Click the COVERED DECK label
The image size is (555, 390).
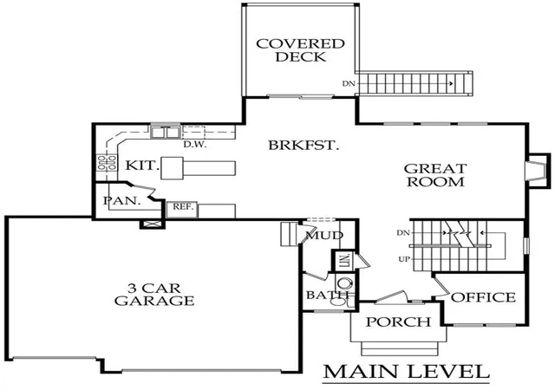300,50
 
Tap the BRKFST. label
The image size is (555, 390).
304,145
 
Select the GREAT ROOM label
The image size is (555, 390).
435,175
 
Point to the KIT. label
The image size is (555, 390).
141,166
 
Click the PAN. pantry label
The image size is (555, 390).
122,201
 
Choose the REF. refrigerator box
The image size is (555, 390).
182,210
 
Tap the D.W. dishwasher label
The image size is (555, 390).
194,145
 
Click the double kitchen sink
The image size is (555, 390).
166,133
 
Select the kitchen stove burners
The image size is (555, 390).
107,162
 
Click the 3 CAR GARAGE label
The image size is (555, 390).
154,295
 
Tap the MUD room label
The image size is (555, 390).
324,236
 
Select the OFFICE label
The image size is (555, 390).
483,297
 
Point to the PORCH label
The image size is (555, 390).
398,322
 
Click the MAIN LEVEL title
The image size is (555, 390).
407,372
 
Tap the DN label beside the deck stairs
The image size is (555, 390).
349,84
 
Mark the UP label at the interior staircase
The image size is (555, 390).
404,259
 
